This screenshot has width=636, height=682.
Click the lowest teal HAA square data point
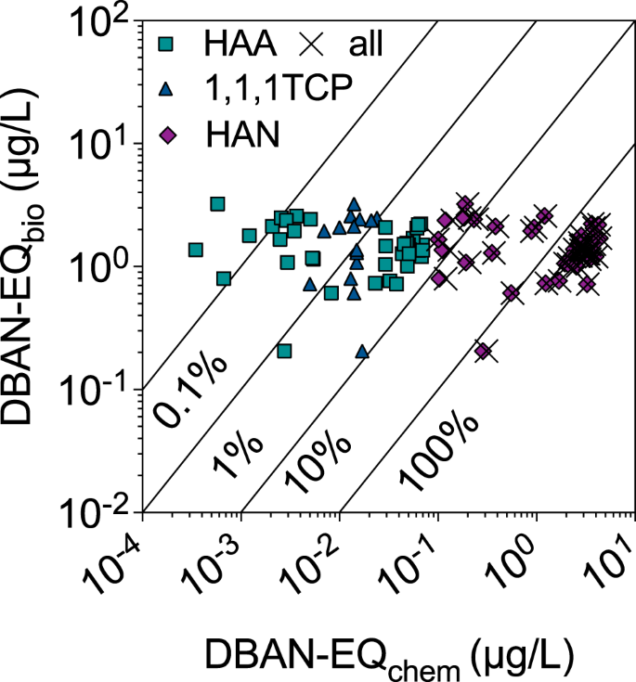(x=284, y=351)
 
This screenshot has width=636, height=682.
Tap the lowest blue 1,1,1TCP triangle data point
(x=362, y=352)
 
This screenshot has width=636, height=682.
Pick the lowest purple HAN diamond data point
(x=483, y=351)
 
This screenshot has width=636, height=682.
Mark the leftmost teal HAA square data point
(x=196, y=250)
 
